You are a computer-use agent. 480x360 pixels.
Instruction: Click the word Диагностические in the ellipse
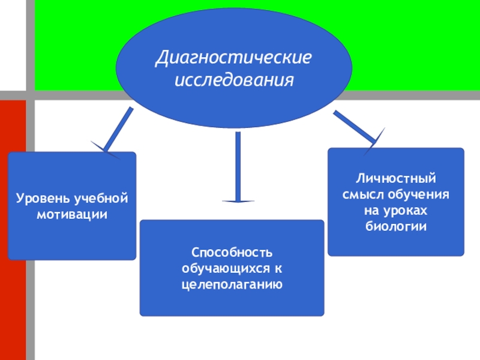(234, 59)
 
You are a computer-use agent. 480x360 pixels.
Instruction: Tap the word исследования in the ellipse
(234, 79)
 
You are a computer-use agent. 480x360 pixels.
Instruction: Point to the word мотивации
(72, 214)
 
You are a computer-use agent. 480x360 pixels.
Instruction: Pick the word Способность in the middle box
(232, 250)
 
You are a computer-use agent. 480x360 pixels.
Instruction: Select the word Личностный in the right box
(395, 179)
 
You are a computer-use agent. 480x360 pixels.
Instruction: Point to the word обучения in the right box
(420, 195)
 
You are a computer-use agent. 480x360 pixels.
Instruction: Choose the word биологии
(395, 227)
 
